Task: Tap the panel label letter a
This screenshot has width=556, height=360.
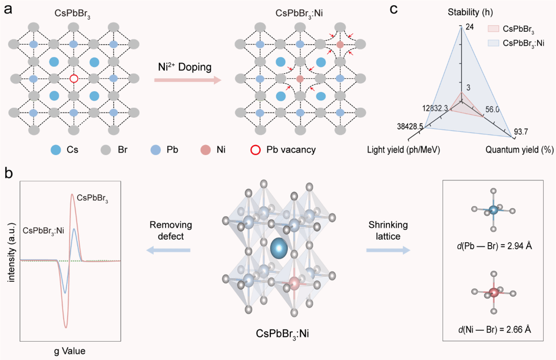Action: point(8,8)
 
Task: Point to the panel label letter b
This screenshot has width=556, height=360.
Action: point(8,173)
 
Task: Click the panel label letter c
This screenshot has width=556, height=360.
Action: point(393,9)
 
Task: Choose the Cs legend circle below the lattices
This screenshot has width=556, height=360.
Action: point(56,150)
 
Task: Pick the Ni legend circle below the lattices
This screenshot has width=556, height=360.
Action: point(206,150)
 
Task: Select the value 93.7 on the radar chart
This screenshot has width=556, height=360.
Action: point(521,132)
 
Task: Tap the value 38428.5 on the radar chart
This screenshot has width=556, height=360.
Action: point(410,126)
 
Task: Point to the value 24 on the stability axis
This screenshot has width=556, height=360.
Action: point(470,27)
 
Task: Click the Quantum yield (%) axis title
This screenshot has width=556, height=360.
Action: point(519,150)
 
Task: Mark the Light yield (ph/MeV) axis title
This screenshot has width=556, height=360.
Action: point(403,150)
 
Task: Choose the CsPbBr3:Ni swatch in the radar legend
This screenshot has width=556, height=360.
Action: point(493,43)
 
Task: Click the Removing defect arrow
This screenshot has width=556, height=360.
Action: point(168,250)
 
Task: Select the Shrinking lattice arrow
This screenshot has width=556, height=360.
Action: point(388,250)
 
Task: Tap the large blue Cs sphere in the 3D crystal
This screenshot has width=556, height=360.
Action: point(279,248)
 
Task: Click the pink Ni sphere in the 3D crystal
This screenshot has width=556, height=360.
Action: point(294,283)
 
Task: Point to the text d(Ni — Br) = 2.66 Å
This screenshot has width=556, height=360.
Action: point(494,329)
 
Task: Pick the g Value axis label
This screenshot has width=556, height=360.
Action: point(70,351)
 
